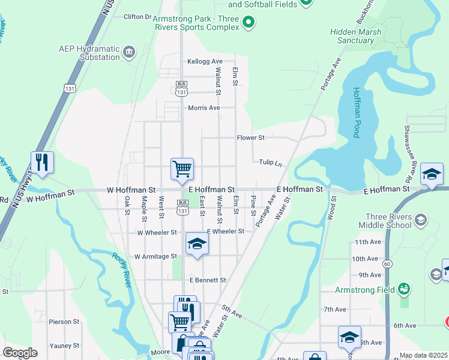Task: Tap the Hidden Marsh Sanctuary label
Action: click(x=352, y=36)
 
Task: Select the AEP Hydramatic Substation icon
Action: click(x=128, y=53)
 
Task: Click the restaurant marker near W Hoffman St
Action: click(x=42, y=163)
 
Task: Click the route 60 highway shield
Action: click(x=388, y=263)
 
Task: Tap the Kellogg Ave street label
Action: click(x=205, y=62)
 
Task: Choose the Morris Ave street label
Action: click(x=204, y=108)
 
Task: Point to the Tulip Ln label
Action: click(x=270, y=163)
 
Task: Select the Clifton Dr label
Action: click(x=137, y=17)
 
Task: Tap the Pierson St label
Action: click(x=64, y=322)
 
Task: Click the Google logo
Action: click(x=20, y=352)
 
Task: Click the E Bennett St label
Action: click(x=208, y=280)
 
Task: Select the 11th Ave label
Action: click(x=368, y=242)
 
